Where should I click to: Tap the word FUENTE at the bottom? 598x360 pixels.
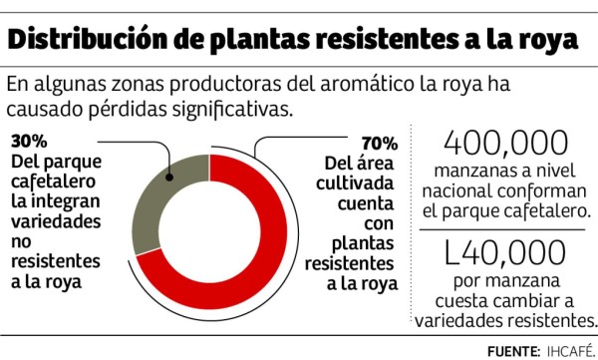point(512,350)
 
